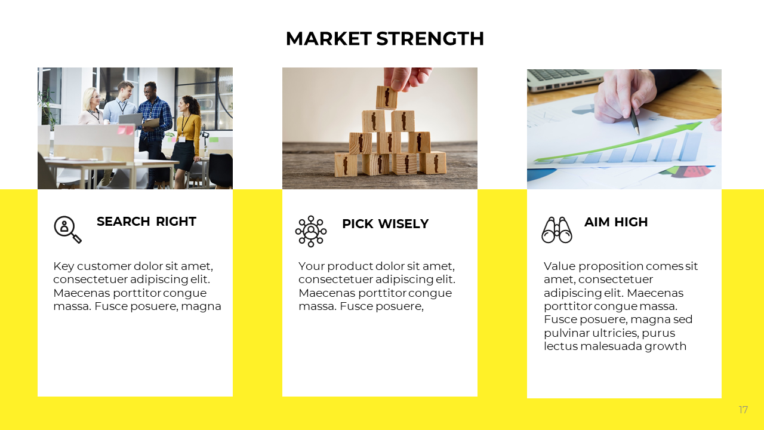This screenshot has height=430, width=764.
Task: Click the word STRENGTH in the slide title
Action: coord(430,39)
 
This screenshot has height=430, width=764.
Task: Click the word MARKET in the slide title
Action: coord(328,39)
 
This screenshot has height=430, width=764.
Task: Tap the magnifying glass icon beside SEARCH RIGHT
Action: coord(67,229)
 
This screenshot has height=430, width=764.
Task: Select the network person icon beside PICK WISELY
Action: coord(311,231)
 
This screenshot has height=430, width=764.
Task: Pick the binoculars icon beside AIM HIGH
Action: coord(557,230)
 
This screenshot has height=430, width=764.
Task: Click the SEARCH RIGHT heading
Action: coord(146,222)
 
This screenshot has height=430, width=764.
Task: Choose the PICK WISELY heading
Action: coord(385,224)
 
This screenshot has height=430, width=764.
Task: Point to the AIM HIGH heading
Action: coord(615,222)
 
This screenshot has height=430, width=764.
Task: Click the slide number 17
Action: coord(743,410)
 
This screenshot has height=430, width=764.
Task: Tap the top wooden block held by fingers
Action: coord(386,97)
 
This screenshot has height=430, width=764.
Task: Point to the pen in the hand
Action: coord(634,122)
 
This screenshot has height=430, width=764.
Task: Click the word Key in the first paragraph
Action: coord(63,266)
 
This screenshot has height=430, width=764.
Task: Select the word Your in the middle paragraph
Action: coord(311,266)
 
